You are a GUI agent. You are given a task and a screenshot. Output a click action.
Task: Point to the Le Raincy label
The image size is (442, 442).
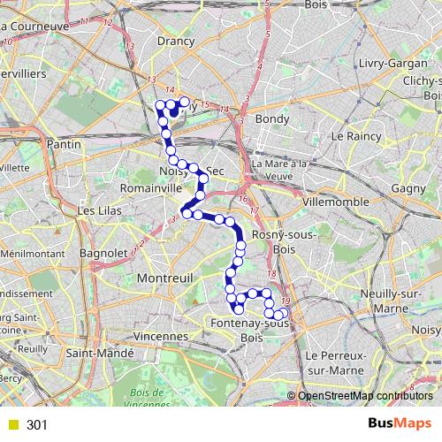click(348, 137)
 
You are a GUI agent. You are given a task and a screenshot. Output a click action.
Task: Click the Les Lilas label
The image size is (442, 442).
click(98, 211)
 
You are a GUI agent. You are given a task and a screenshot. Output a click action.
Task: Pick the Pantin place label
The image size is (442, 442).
click(64, 143)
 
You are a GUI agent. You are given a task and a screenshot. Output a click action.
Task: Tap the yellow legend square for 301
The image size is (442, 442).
click(12, 424)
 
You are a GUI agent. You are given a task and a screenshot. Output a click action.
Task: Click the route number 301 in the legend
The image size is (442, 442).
click(37, 424)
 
